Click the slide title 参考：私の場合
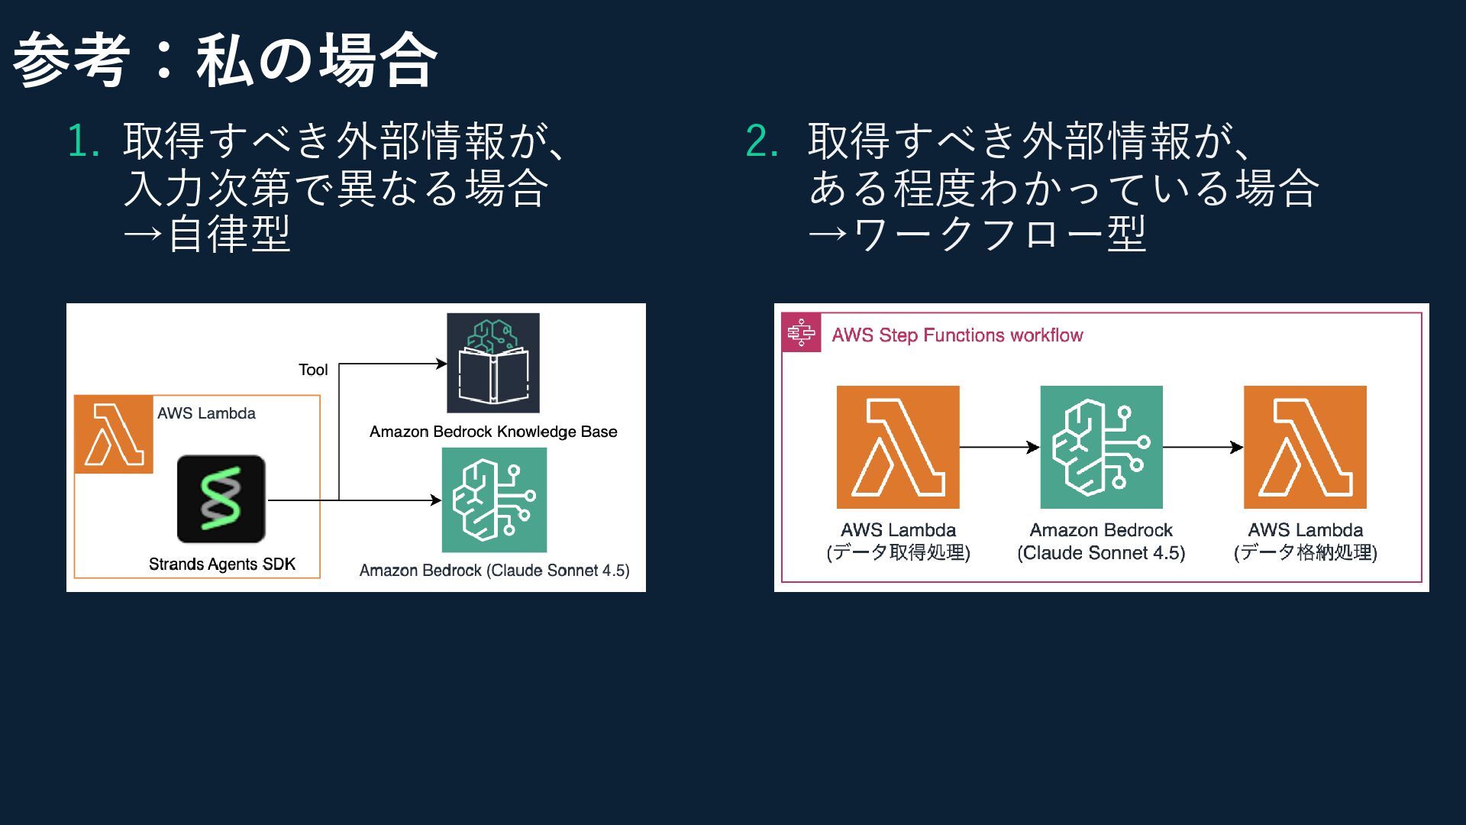[x=225, y=60]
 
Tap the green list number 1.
[x=84, y=141]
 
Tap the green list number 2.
[x=762, y=141]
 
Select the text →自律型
[x=207, y=235]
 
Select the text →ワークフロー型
[x=977, y=235]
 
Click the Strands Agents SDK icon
[x=221, y=500]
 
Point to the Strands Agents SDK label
[x=221, y=565]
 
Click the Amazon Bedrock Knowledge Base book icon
[x=493, y=363]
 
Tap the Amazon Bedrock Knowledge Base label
[x=493, y=432]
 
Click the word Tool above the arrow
[x=313, y=370]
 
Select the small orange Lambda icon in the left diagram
[x=114, y=435]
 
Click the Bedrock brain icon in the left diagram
[x=494, y=500]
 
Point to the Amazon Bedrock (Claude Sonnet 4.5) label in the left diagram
[x=494, y=571]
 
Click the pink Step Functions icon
[x=801, y=333]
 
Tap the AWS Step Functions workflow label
[x=957, y=335]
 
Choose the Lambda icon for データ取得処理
[x=898, y=447]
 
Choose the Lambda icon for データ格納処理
[x=1305, y=447]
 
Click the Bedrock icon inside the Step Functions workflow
[x=1101, y=447]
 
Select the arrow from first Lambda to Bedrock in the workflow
[x=999, y=447]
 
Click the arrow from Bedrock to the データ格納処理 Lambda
[x=1203, y=447]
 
